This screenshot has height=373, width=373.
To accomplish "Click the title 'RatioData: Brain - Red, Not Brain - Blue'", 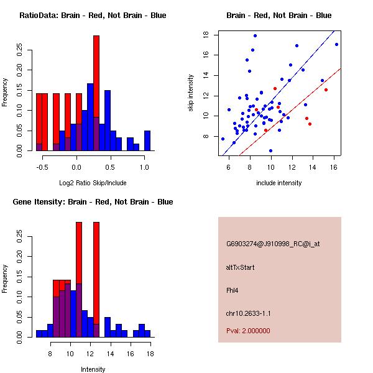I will pos(93,15).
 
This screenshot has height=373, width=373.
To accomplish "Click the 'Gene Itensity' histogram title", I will pos(93,201).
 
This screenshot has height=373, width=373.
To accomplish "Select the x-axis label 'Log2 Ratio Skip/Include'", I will pos(93,183).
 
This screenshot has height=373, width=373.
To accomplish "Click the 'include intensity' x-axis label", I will pos(279,183).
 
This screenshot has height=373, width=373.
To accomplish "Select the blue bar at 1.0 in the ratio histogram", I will pos(147,140).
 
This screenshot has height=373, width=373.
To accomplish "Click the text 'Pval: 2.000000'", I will pos(248,331).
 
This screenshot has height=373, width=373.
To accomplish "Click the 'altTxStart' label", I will pos(241,267).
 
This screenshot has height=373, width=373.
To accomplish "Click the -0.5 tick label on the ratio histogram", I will pos(42,167).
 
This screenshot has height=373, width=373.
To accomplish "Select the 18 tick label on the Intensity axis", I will pos(150,354).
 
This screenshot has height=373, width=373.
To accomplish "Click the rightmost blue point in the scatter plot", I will pos(336,44).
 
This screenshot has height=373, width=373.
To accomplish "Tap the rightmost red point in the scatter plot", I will pos(326,90).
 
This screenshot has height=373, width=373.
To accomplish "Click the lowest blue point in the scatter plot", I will pos(270,150).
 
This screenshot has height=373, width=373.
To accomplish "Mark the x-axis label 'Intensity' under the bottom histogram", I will pos(93,369).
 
